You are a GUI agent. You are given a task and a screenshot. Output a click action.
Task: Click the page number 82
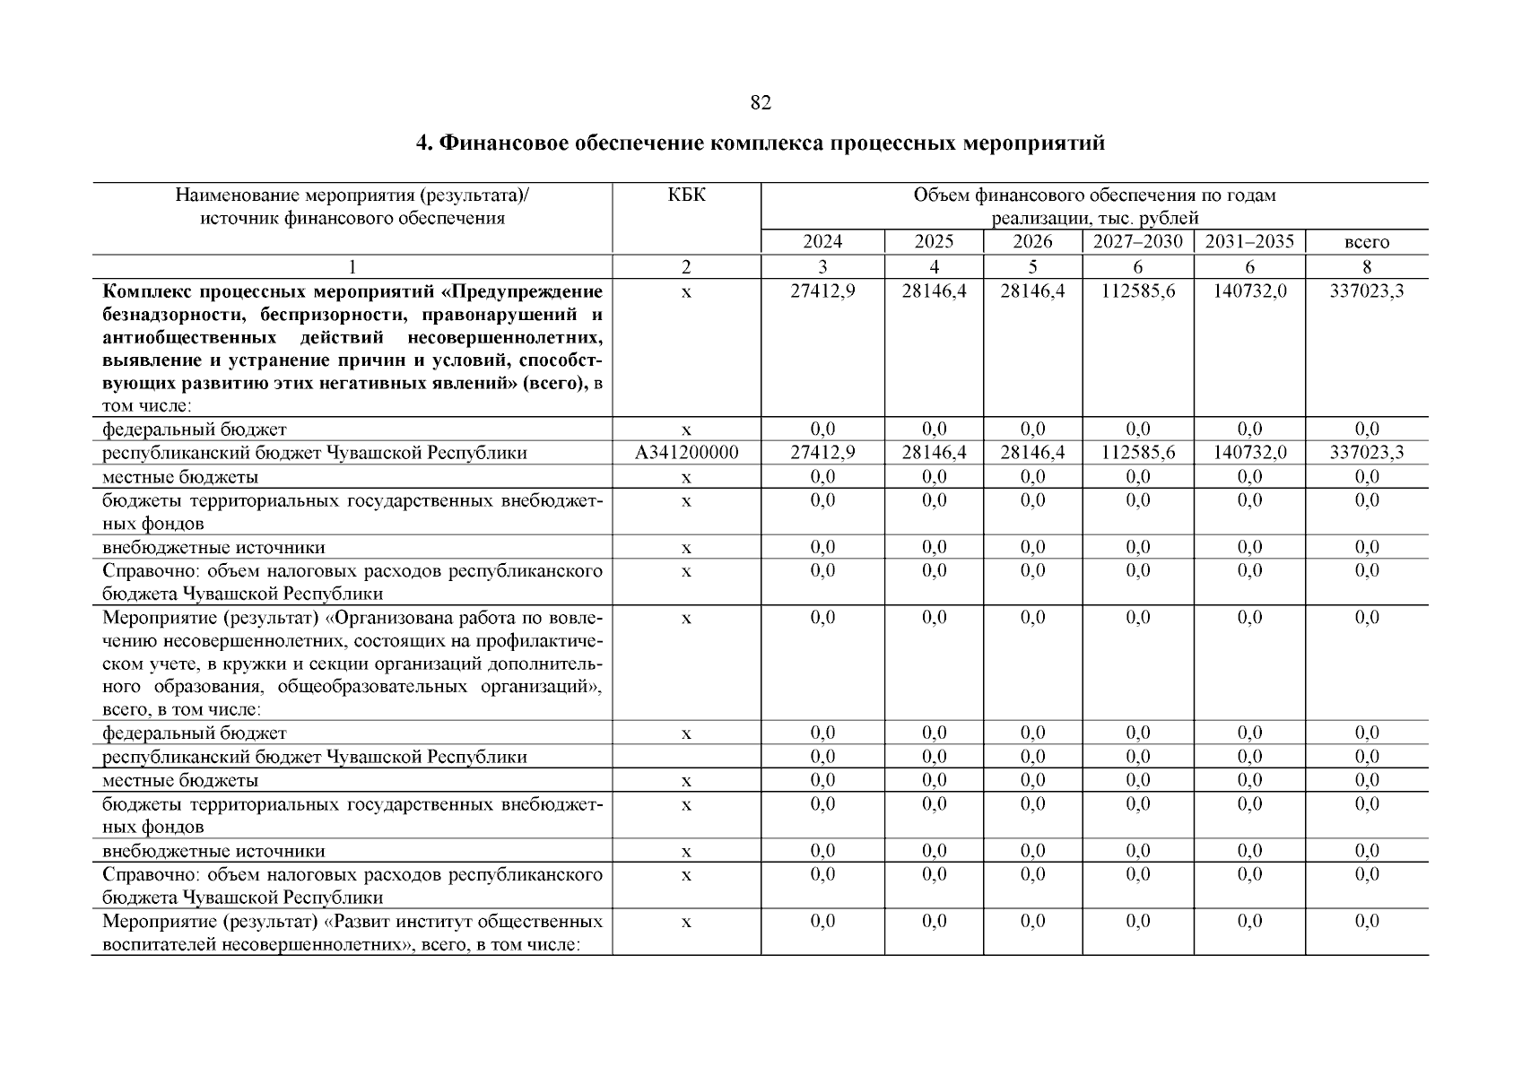pyautogui.click(x=760, y=103)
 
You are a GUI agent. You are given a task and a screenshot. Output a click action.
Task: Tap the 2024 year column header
pyautogui.click(x=822, y=242)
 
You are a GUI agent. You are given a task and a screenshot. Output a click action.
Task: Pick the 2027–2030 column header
pyautogui.click(x=1137, y=242)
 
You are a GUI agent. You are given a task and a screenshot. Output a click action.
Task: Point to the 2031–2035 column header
pyautogui.click(x=1249, y=242)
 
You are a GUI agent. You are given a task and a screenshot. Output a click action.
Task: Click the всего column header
pyautogui.click(x=1366, y=243)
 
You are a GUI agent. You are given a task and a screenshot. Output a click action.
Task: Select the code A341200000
pyautogui.click(x=686, y=453)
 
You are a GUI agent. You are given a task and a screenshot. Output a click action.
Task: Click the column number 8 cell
pyautogui.click(x=1366, y=266)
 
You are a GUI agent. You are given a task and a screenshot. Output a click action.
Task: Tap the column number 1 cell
pyautogui.click(x=352, y=266)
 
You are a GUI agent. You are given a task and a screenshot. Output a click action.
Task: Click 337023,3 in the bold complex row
pyautogui.click(x=1366, y=292)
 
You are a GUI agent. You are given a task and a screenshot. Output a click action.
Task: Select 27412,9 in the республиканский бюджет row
pyautogui.click(x=822, y=453)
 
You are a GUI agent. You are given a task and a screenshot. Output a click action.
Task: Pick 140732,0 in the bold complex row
pyautogui.click(x=1249, y=292)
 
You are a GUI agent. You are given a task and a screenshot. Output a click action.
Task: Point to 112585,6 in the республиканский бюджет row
pyautogui.click(x=1137, y=453)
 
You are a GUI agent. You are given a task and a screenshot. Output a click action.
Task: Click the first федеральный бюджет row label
pyautogui.click(x=195, y=430)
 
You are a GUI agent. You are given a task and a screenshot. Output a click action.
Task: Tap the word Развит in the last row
pyautogui.click(x=357, y=922)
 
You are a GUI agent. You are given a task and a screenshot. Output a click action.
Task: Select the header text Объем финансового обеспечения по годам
pyautogui.click(x=1093, y=195)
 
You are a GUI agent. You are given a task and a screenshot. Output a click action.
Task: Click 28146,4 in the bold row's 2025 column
pyautogui.click(x=934, y=292)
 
